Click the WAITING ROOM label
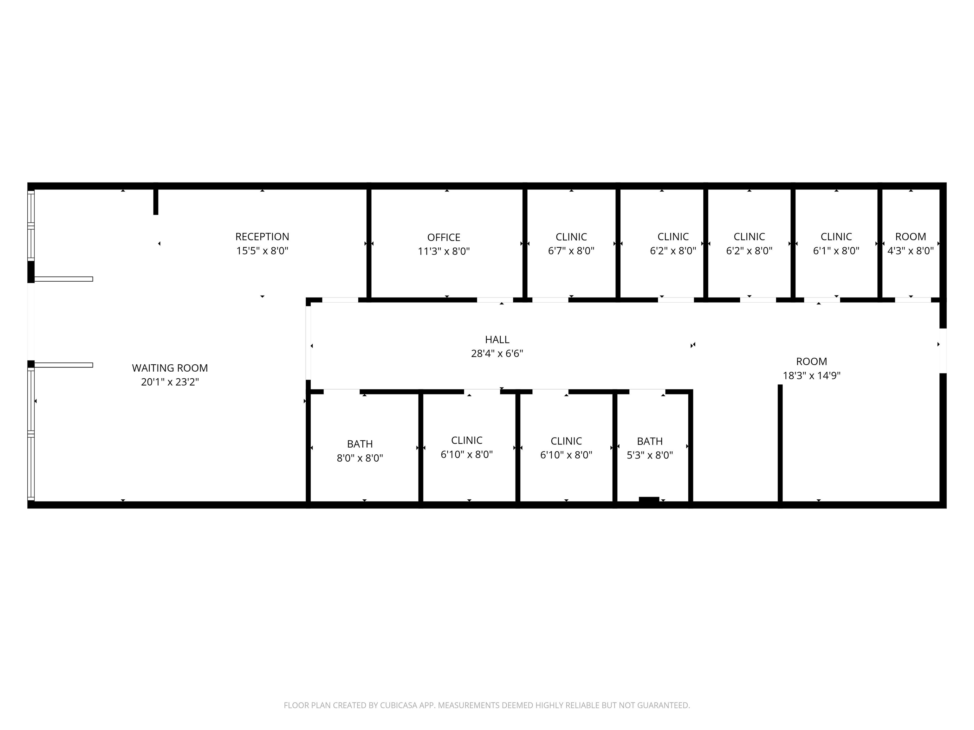(170, 368)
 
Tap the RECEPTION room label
(263, 237)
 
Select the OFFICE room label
(444, 238)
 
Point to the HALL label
(497, 340)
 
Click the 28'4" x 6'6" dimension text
(497, 353)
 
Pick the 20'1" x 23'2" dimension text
(170, 382)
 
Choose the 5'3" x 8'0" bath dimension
(650, 455)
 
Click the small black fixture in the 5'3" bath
(649, 499)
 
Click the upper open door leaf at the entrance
(63, 279)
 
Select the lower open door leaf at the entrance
(63, 365)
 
